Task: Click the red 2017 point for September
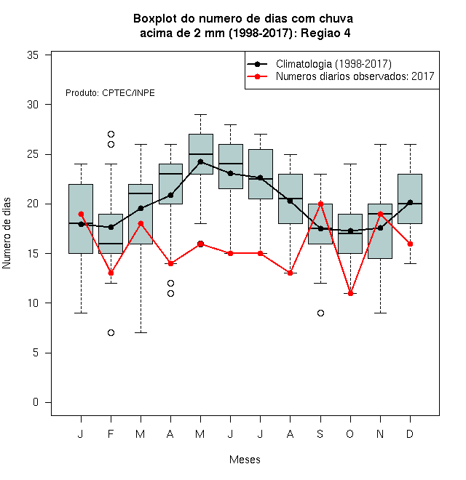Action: click(320, 204)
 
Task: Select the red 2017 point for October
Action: click(350, 293)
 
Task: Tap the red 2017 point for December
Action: click(410, 244)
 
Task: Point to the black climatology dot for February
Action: click(111, 227)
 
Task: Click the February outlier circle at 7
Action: click(111, 333)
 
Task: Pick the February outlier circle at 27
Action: click(111, 134)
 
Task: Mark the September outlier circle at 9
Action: click(320, 313)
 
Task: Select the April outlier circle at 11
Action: click(171, 294)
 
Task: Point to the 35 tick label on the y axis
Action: click(33, 55)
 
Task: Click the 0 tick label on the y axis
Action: click(36, 402)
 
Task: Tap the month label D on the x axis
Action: click(410, 433)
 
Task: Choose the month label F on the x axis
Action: click(111, 433)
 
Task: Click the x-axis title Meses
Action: click(245, 460)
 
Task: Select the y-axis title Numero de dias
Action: click(7, 233)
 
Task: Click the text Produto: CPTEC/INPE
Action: click(110, 93)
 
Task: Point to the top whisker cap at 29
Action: click(200, 114)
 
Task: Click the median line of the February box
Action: click(111, 244)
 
